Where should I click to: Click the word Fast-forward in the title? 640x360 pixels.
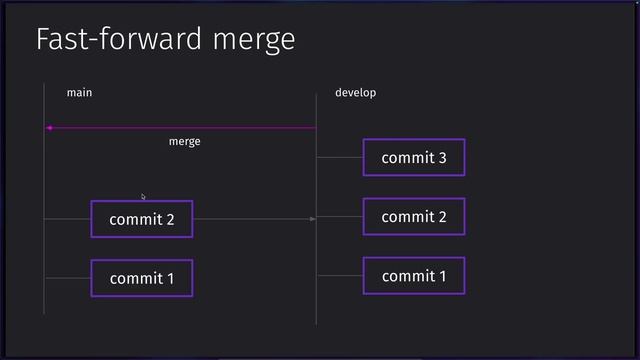[x=120, y=40]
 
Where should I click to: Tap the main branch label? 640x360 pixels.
[x=79, y=93]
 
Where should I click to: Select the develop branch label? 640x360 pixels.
[x=355, y=93]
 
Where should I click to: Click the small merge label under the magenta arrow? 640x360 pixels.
[x=184, y=142]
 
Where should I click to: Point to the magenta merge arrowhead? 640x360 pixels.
[x=48, y=128]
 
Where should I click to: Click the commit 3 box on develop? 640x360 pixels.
[x=414, y=157]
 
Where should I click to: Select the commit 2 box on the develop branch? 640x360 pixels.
[x=414, y=217]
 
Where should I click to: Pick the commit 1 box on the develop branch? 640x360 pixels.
[x=414, y=276]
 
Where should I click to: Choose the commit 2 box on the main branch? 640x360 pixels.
[x=141, y=219]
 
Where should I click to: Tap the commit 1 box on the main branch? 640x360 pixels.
[x=141, y=278]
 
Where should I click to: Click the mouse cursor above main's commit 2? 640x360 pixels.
[x=143, y=196]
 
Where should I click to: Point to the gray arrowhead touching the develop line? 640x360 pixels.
[x=312, y=218]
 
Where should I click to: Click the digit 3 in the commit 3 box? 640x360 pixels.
[x=441, y=158]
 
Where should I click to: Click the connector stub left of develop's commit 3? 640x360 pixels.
[x=340, y=157]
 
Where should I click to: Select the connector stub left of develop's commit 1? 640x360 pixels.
[x=340, y=276]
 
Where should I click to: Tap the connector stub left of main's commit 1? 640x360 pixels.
[x=68, y=278]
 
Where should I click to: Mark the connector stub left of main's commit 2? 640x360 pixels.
[x=68, y=218]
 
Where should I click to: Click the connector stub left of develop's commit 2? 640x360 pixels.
[x=340, y=217]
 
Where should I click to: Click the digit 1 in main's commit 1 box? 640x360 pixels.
[x=169, y=279]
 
